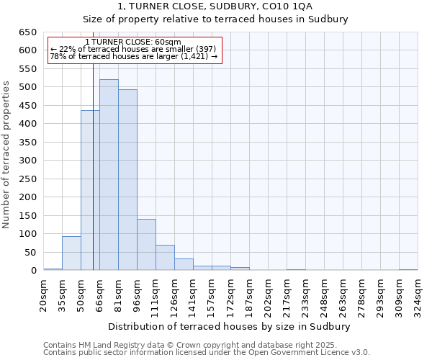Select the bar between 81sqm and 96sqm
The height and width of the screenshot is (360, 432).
coord(127,180)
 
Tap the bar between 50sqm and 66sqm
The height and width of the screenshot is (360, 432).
coord(90,191)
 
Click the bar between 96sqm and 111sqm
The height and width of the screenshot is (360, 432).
coord(146,245)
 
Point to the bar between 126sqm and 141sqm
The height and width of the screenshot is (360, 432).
coord(184,264)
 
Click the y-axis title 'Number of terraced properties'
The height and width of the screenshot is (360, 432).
coord(6,154)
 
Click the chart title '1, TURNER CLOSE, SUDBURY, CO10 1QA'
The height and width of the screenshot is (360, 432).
coord(215,6)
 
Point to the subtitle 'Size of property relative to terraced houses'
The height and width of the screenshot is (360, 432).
coord(215,19)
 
